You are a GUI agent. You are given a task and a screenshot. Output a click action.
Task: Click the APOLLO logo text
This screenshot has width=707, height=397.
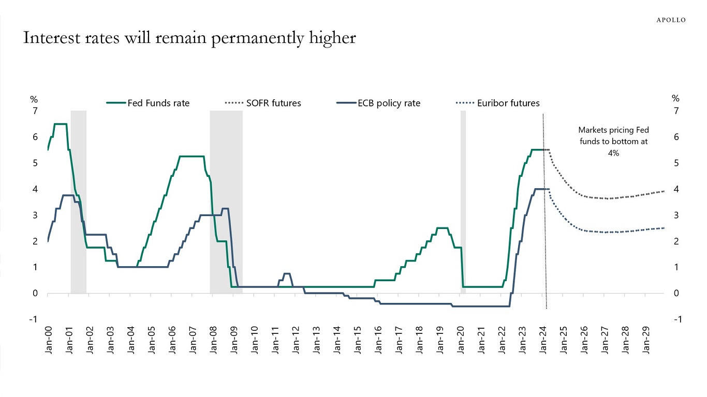point(671,20)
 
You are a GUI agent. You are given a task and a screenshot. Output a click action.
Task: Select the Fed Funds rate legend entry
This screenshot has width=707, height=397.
point(148,103)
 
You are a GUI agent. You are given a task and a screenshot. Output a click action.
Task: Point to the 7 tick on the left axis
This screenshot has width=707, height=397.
point(35,111)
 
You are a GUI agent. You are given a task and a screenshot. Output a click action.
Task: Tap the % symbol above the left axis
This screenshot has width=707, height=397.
point(34,98)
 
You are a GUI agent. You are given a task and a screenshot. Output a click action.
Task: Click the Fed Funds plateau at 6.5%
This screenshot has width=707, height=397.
point(60,124)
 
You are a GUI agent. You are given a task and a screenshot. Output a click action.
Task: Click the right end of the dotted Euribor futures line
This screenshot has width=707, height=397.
point(663,228)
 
